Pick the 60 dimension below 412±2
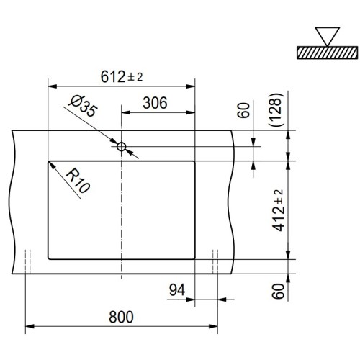coord(277,291)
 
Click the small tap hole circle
coord(122,148)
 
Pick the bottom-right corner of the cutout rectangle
coord(195,258)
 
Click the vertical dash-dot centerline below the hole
coord(122,216)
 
